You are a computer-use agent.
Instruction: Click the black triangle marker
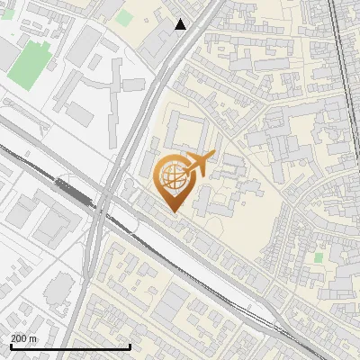(181, 24)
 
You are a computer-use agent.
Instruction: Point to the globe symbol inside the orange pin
(173, 177)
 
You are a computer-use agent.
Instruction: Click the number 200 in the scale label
(18, 337)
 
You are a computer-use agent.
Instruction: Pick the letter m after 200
(33, 337)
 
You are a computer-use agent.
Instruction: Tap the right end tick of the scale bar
(130, 346)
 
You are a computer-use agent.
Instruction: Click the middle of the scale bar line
(69, 346)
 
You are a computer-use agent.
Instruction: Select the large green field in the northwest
(31, 59)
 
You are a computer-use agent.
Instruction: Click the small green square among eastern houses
(319, 257)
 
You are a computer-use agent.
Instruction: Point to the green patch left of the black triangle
(123, 16)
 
